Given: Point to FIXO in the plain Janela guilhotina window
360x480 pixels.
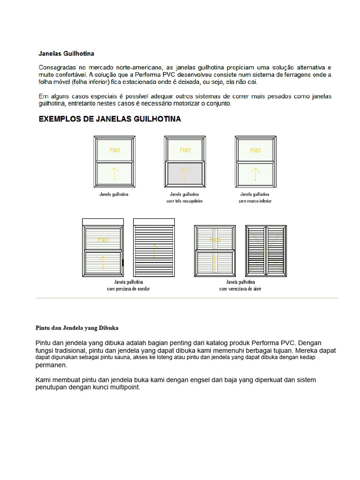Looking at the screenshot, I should pos(114,150).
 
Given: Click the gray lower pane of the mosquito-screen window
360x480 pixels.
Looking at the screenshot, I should pos(185,173).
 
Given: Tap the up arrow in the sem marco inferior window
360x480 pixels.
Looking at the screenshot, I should pos(255,173).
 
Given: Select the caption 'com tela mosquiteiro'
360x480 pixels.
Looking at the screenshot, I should pos(185,201).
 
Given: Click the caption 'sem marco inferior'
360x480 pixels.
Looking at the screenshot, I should pos(255,201).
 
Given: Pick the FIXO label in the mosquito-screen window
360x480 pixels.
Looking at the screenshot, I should pos(185,150).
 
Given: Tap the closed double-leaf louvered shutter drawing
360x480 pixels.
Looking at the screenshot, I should pos(266,251).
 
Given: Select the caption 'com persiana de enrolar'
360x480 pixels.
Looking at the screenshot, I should pos(128,289).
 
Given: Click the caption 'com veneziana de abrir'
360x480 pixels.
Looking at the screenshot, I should pos(240,289).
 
